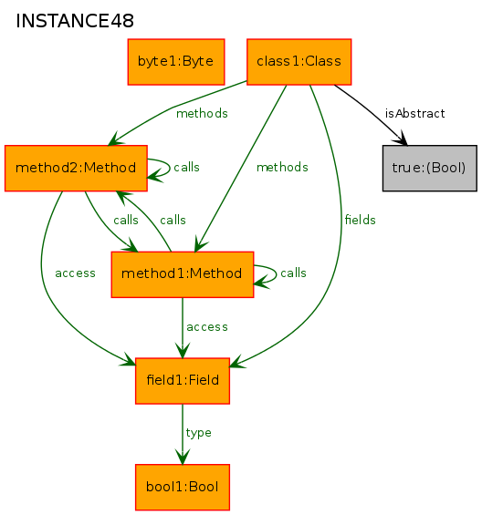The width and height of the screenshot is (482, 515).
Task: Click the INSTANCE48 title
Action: pos(75,21)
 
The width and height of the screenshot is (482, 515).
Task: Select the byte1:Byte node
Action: pos(176,62)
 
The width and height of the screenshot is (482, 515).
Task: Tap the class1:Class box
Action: pos(299,62)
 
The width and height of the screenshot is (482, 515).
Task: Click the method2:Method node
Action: pos(76,168)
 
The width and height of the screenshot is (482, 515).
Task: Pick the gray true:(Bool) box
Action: pos(430,168)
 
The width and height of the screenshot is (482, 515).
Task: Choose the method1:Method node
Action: pos(183,274)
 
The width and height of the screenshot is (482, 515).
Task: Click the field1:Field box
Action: pos(183,381)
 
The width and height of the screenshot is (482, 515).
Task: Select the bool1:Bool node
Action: pos(183,488)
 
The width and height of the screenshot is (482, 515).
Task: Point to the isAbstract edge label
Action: pos(414,114)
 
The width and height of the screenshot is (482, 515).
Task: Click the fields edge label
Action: pos(360,220)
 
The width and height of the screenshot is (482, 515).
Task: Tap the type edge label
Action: pos(198,433)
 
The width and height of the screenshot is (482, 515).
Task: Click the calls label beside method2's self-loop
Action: pos(186,167)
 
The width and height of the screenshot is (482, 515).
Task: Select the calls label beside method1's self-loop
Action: pos(293,273)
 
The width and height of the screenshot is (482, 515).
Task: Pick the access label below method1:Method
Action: pos(207,327)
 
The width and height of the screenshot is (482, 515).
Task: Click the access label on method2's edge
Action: pos(75,273)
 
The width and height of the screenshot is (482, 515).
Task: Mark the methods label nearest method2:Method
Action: pos(202,114)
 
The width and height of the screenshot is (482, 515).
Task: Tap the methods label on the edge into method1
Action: pos(282,167)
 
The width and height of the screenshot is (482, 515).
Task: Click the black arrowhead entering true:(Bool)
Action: pos(401,139)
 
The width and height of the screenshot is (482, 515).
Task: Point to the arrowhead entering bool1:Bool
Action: pos(183,457)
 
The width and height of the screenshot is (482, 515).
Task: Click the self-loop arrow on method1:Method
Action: pos(276,273)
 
